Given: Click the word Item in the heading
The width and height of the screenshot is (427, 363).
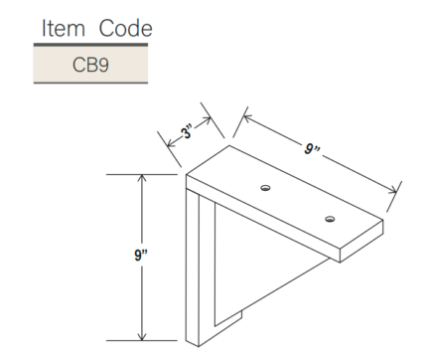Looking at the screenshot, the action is [x=59, y=28].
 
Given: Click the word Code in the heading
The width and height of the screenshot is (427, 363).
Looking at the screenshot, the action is [x=117, y=28].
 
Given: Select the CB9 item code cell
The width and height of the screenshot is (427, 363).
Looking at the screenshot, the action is [x=90, y=65].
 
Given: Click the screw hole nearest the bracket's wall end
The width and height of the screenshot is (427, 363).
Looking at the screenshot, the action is [x=265, y=187].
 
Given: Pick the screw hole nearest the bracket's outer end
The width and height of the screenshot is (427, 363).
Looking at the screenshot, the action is [x=329, y=218].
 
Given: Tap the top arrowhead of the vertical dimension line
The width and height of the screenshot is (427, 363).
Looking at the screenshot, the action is [x=143, y=178].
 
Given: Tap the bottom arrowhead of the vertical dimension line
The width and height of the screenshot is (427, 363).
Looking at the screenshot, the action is [x=143, y=335].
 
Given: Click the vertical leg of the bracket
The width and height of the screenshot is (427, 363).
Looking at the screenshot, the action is [x=199, y=269].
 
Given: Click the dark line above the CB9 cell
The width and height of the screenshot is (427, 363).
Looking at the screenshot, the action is [x=90, y=46].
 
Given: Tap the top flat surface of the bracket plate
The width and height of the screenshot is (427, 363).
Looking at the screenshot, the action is [x=288, y=194].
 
